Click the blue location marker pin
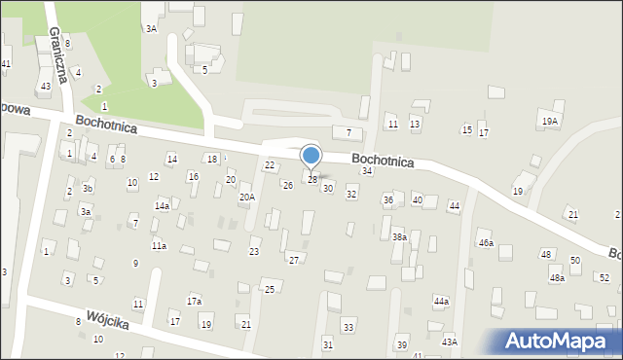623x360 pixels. click(311, 157)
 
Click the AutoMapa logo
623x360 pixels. click(558, 341)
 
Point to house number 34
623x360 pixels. click(367, 171)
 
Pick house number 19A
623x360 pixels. click(550, 121)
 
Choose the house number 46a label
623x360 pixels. click(485, 242)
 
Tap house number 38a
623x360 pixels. click(399, 236)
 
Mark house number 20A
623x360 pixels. click(247, 197)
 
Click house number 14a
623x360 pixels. click(163, 206)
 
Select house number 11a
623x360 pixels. click(159, 246)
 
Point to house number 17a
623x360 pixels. click(194, 301)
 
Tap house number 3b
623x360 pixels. click(88, 188)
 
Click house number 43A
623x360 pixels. click(449, 341)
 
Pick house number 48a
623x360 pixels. click(556, 278)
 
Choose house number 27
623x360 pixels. click(293, 260)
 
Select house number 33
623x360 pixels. click(348, 326)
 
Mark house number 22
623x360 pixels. click(270, 165)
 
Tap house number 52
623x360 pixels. click(604, 278)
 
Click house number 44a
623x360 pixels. click(441, 302)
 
